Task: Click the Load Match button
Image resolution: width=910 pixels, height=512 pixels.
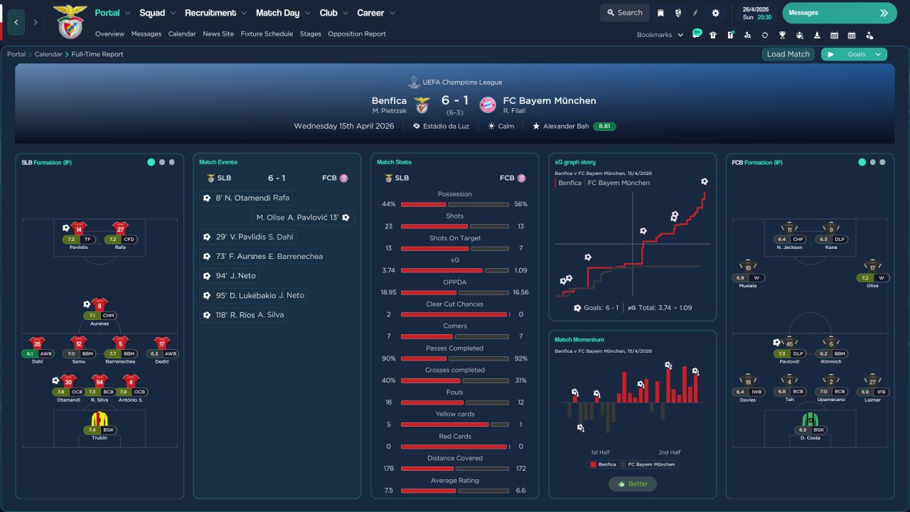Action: pyautogui.click(x=788, y=54)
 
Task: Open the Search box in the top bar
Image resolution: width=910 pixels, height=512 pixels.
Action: pyautogui.click(x=623, y=13)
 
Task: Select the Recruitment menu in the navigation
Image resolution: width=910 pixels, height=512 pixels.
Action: pyautogui.click(x=210, y=13)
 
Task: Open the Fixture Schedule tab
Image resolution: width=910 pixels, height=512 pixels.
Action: pyautogui.click(x=267, y=34)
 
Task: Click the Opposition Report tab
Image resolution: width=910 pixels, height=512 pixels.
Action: pyautogui.click(x=357, y=34)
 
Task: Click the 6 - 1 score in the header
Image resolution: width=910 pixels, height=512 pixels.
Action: pyautogui.click(x=455, y=101)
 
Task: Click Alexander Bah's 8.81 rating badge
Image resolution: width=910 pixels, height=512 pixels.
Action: pyautogui.click(x=604, y=127)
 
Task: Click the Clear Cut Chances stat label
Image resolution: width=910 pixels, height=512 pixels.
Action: pyautogui.click(x=455, y=304)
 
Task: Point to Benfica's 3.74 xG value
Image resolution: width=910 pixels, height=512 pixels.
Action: pyautogui.click(x=388, y=270)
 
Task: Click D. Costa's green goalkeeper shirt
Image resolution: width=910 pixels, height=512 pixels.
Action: pyautogui.click(x=810, y=419)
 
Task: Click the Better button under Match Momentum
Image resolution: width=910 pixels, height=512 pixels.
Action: pyautogui.click(x=633, y=484)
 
